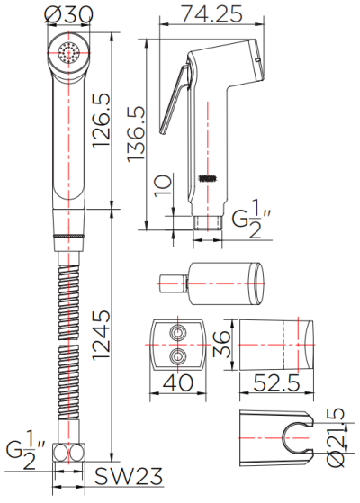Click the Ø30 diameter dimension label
click(69, 14)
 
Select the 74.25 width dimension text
click(211, 14)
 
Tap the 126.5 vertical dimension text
click(102, 121)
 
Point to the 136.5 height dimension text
click(136, 134)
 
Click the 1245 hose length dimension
click(102, 335)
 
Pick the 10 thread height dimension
click(163, 185)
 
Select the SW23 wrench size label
click(129, 476)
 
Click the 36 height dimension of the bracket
click(221, 345)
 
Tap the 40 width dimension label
click(178, 382)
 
